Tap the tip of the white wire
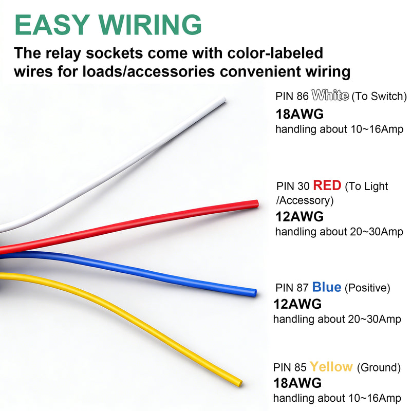pos(224,100)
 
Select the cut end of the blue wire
pos(254,292)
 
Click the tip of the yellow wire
pos(240,383)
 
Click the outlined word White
pos(330,95)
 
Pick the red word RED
pos(327,185)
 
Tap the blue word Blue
pos(327,287)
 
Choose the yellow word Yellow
pos(331,366)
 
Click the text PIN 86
pos(292,96)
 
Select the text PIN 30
pos(293,186)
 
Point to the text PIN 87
pos(292,288)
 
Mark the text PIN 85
pos(290,367)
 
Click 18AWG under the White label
pos(300,114)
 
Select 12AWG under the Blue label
pos(297,304)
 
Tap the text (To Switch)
pos(379,96)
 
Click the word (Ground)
pos(379,367)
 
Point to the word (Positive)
pos(367,288)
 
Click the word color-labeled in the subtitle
pos(275,53)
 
